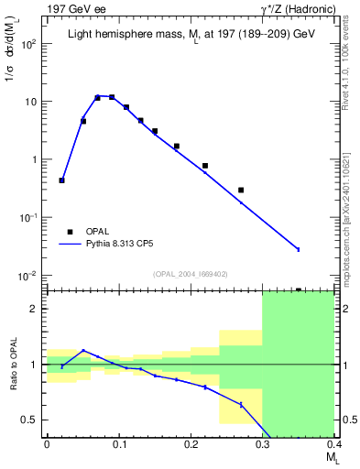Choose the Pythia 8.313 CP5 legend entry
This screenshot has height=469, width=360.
point(124,245)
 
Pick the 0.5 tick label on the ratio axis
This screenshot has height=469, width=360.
point(30,420)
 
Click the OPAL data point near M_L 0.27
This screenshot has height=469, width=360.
point(241,190)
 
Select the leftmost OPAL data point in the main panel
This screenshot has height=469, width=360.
point(61,180)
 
